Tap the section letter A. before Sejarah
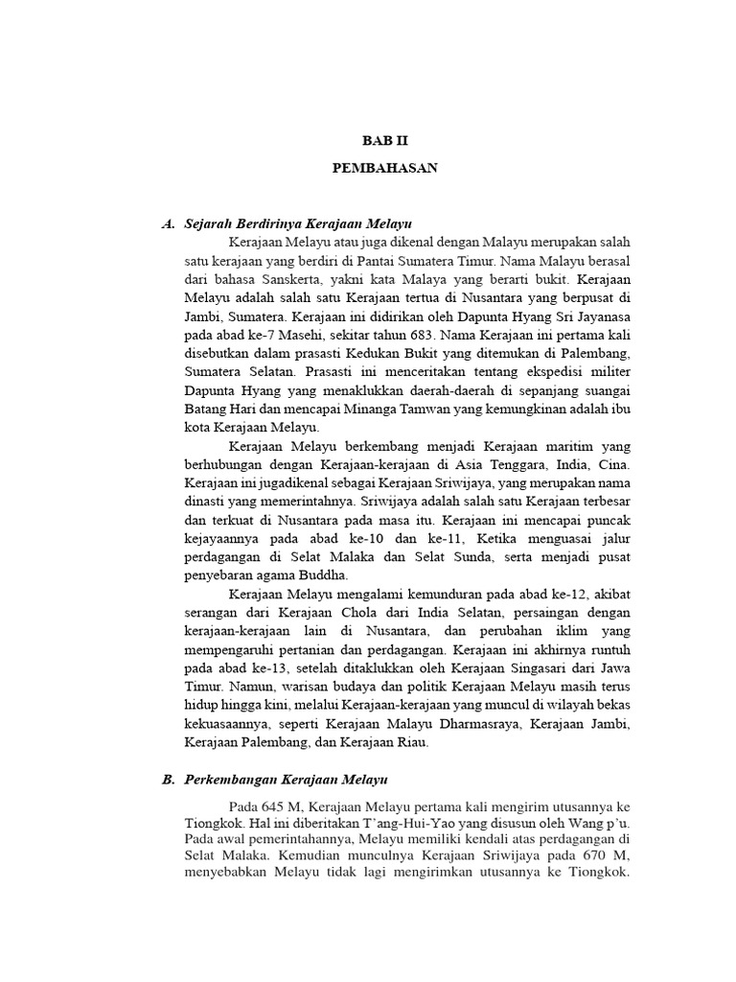coord(169,223)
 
